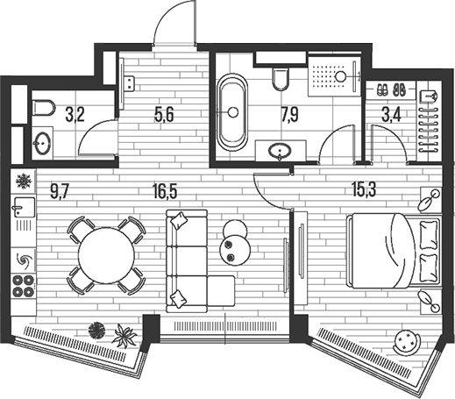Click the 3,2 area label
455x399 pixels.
(75, 114)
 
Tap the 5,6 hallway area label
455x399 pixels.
(164, 114)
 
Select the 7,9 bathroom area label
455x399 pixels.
(289, 114)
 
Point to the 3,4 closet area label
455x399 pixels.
(391, 114)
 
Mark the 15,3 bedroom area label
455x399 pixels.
(364, 189)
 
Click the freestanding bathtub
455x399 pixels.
(232, 112)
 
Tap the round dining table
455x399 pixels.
(106, 255)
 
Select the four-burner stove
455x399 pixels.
(24, 286)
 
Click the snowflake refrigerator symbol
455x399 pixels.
(23, 181)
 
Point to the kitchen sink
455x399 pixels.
(23, 207)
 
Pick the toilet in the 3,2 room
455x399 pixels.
(44, 107)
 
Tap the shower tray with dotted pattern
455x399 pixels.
(335, 76)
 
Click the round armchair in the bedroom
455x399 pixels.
(408, 342)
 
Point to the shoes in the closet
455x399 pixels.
(391, 89)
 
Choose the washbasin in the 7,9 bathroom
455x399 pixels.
(280, 151)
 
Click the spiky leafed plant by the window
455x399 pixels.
(125, 335)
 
